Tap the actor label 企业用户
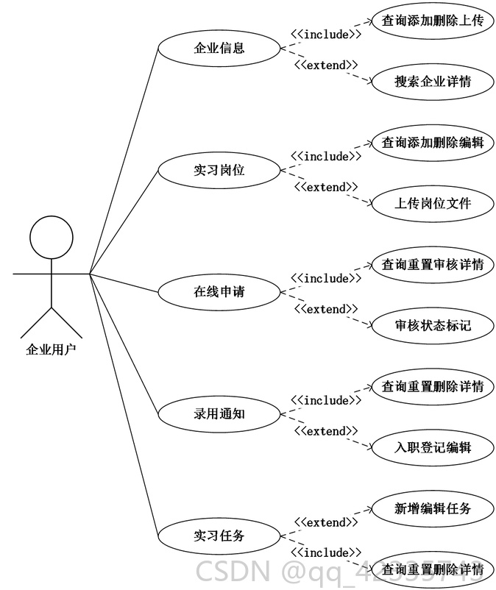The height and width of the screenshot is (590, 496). tap(52, 349)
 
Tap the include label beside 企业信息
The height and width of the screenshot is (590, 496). tap(326, 35)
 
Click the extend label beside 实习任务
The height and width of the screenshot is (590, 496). tap(326, 522)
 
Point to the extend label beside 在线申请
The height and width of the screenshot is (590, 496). tap(326, 309)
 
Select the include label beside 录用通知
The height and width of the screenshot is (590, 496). tap(326, 400)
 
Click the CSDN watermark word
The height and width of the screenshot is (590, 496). tap(233, 571)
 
